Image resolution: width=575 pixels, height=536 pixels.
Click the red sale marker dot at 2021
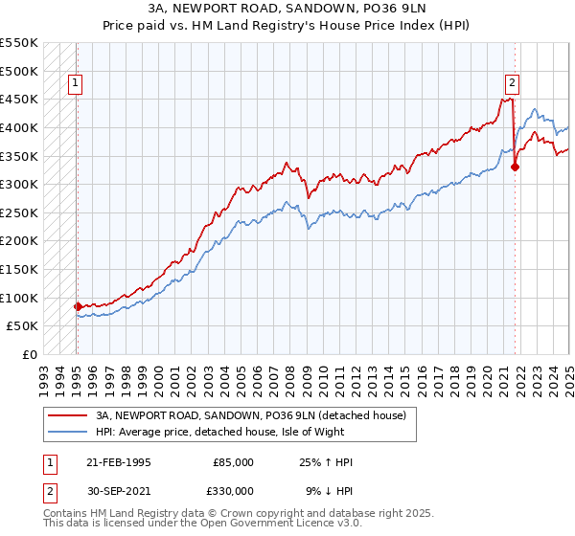tap(515, 167)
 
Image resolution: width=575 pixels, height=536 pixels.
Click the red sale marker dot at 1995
tap(78, 306)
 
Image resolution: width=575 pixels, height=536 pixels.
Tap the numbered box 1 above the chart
tap(76, 83)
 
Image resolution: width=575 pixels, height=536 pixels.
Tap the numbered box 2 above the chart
tap(513, 83)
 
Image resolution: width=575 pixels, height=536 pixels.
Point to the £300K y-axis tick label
tap(20, 184)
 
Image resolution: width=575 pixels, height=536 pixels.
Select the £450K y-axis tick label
tap(20, 99)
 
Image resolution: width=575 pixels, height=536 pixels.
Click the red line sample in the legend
tap(67, 415)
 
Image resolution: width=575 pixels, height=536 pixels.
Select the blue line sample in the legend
tap(67, 432)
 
